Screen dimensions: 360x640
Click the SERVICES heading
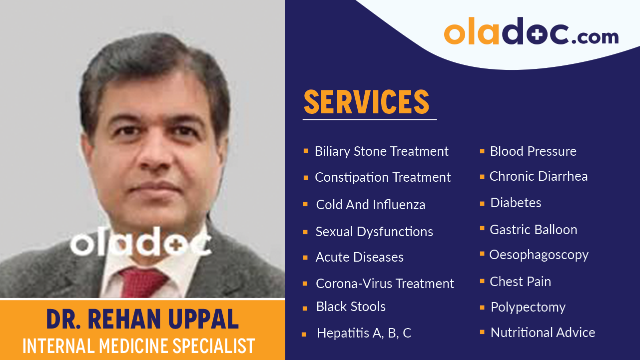point(366,102)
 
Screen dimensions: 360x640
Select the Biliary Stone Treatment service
point(381,151)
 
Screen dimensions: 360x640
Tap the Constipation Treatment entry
point(383,177)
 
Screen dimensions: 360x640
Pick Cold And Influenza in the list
point(370,205)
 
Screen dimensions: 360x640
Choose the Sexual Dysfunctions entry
point(374,232)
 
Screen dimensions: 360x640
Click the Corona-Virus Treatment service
point(385,284)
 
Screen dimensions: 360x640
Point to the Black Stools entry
point(351,307)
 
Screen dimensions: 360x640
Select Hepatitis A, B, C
point(364,333)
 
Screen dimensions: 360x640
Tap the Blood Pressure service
point(533,151)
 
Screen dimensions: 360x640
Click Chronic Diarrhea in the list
point(539,176)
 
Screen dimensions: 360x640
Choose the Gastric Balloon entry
point(533,230)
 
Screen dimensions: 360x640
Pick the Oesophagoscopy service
point(539,255)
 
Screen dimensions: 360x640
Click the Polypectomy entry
point(528,307)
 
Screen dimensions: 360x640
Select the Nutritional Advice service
point(543,333)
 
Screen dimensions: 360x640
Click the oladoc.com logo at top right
point(531,32)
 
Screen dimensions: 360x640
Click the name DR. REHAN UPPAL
point(142,320)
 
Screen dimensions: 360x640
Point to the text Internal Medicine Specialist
point(139,346)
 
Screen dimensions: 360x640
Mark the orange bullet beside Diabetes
point(482,203)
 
